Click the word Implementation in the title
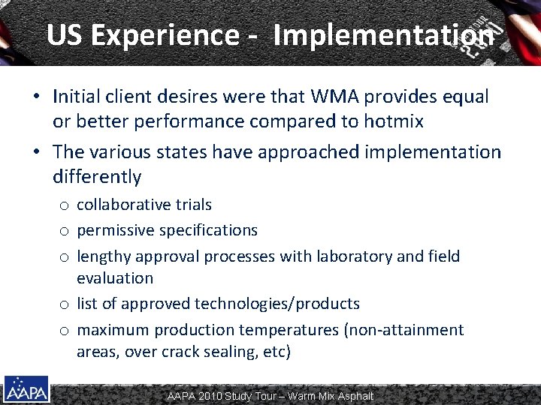coord(384,34)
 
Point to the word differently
coord(97,177)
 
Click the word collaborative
coord(125,205)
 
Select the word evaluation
coord(114,278)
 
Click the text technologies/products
coord(277,304)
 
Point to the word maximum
coord(113,330)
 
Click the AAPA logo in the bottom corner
coord(26,389)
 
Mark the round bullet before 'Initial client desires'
coord(37,97)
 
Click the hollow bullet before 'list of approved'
coord(66,304)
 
